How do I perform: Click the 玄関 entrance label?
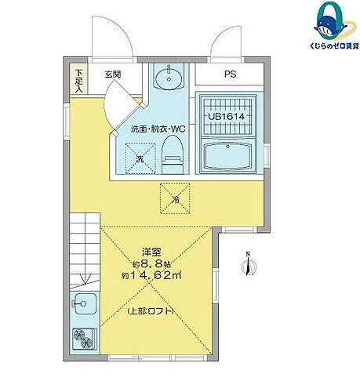111,75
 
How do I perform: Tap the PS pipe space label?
230,75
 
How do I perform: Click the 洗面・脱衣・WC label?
158,129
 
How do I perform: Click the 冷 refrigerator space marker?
176,198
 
